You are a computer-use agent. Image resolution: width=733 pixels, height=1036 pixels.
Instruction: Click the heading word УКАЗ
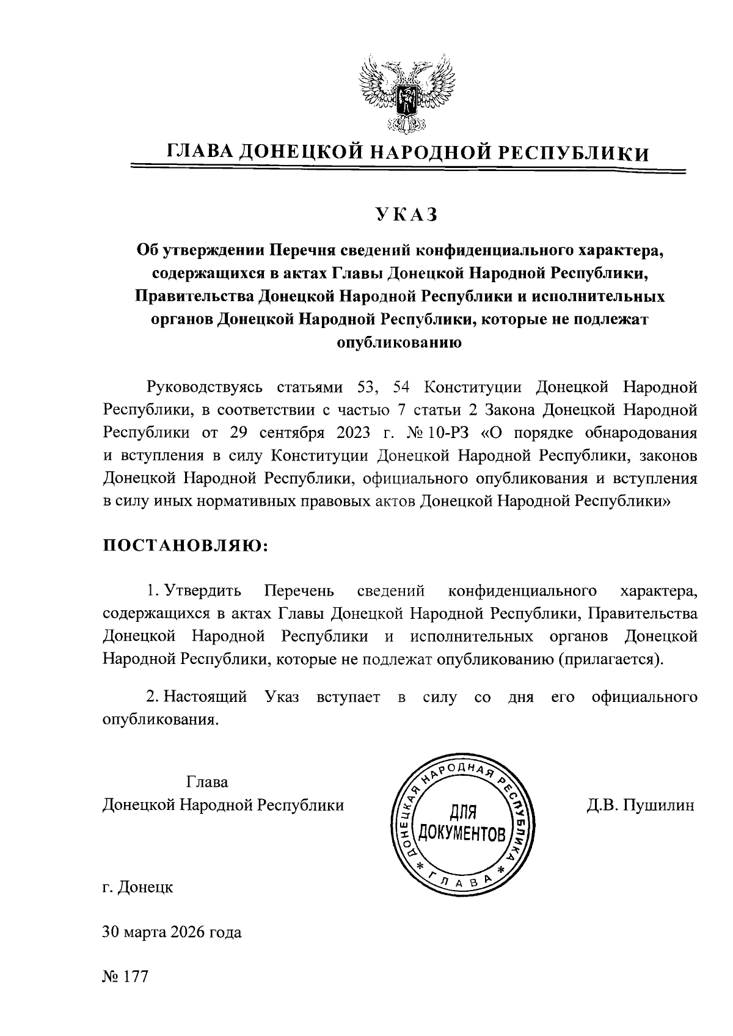(407, 215)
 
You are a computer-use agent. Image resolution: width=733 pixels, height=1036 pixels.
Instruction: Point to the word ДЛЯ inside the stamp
(462, 812)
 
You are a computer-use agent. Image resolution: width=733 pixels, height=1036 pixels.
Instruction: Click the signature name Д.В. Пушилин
(640, 805)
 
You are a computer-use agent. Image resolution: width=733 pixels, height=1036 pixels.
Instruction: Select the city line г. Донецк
(137, 886)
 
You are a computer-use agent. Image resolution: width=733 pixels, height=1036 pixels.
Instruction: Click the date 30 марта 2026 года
(172, 932)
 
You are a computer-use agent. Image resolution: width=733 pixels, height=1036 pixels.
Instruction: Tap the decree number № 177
(125, 976)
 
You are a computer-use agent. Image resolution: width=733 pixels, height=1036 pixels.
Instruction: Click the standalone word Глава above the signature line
(207, 782)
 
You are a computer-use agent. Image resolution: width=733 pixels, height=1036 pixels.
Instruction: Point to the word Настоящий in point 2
(206, 697)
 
